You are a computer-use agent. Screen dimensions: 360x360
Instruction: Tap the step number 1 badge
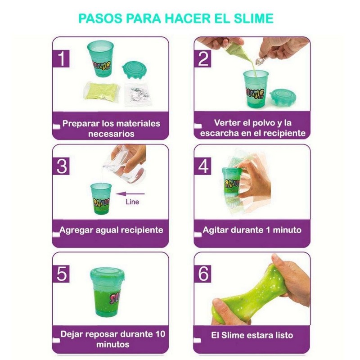(x=62, y=59)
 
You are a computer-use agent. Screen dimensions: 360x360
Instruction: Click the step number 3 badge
(x=62, y=166)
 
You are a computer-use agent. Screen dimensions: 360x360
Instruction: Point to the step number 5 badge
(x=62, y=274)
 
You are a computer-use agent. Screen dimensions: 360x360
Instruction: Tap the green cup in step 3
(x=100, y=198)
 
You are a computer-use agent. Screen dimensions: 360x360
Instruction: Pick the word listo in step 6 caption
(x=281, y=335)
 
